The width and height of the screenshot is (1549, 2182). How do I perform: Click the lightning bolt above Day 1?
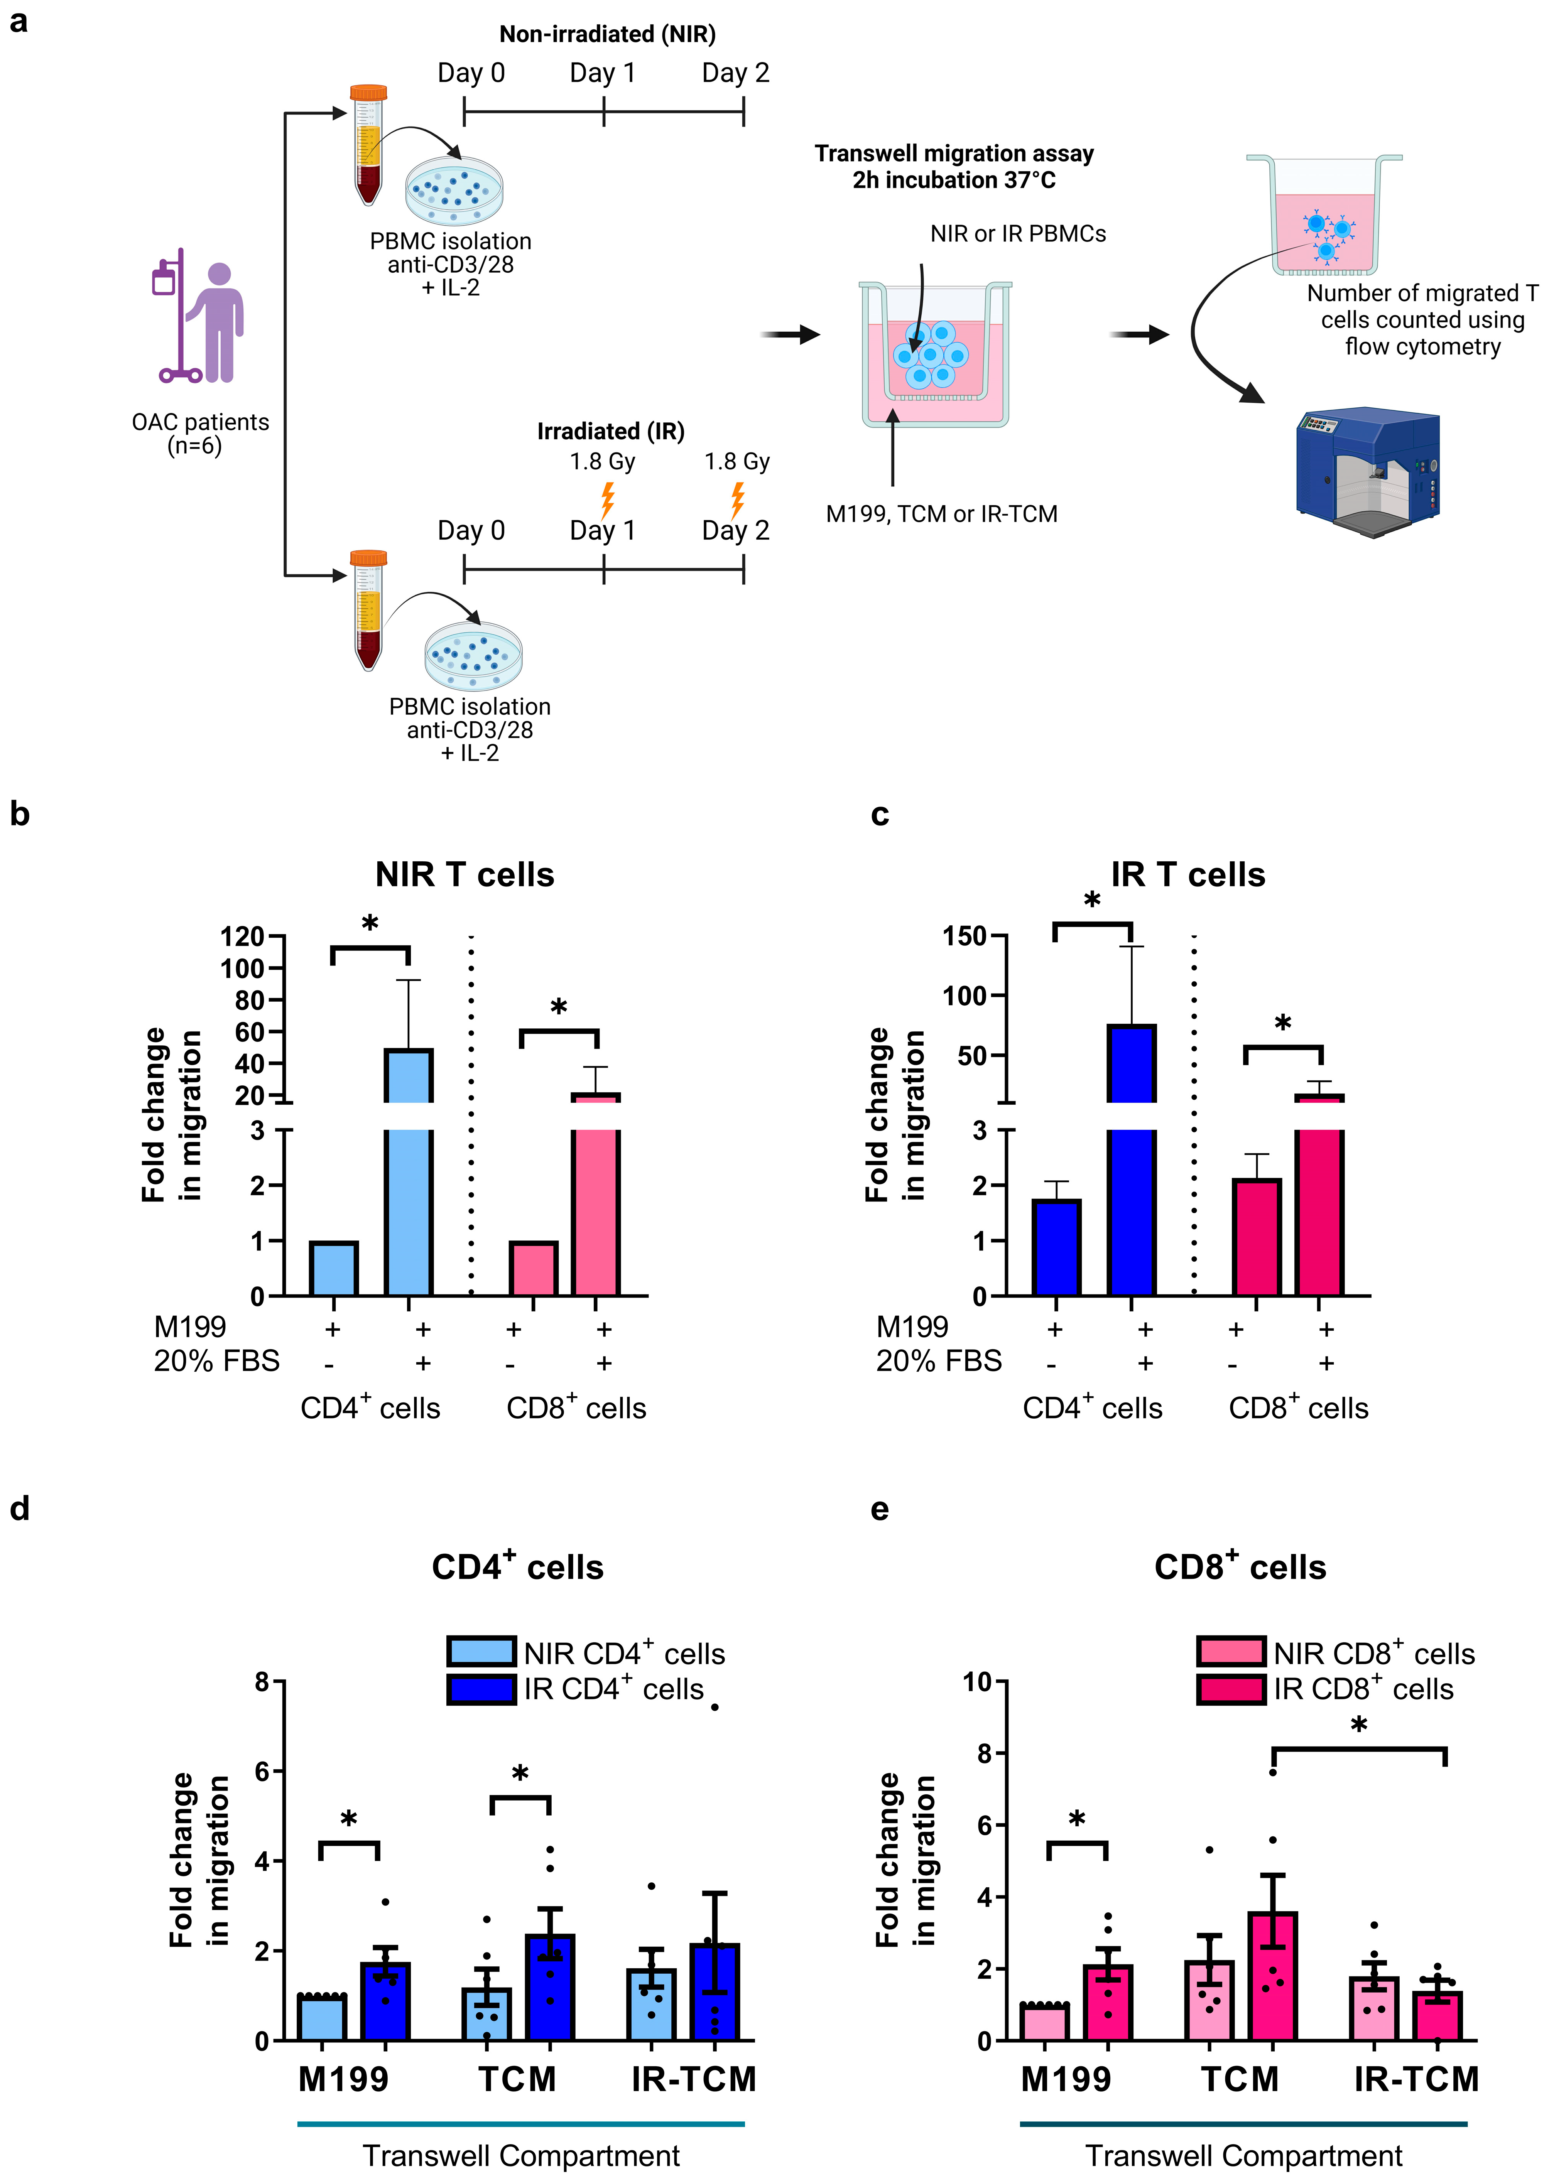(x=606, y=499)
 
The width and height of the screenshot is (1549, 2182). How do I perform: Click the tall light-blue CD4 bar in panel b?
(x=408, y=1173)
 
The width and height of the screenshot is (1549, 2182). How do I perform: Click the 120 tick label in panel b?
(x=242, y=937)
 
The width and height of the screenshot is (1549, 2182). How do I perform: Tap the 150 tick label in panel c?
(x=964, y=937)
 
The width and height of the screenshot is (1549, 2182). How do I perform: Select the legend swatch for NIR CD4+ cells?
(x=482, y=1651)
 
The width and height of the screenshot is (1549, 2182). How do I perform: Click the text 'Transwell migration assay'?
(x=954, y=154)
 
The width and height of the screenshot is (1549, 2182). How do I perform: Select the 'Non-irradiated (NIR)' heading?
(x=608, y=34)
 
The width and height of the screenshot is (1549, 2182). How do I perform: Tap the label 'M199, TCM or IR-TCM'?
(x=941, y=514)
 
